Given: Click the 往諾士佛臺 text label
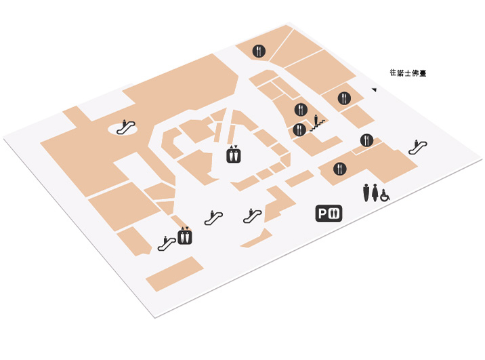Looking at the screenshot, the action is click(408, 73).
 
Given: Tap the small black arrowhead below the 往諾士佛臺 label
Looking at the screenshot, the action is click(375, 89).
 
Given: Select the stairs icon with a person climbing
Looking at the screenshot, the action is click(318, 123).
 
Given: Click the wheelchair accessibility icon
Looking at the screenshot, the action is click(385, 195).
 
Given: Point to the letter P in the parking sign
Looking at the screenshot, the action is click(322, 214).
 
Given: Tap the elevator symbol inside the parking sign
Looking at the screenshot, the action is click(334, 214).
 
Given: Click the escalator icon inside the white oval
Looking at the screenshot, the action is click(125, 127).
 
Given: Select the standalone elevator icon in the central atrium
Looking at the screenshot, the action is click(233, 154).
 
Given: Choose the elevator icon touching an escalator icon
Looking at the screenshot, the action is click(185, 236).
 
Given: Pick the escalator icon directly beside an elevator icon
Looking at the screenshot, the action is click(167, 243).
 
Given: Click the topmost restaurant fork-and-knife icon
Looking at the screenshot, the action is click(259, 51).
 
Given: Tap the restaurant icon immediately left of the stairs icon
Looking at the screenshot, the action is click(299, 129).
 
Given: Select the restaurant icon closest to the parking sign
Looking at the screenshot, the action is click(339, 169).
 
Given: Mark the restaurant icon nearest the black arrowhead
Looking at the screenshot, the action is click(344, 98).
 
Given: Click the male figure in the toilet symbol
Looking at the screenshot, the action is click(366, 193).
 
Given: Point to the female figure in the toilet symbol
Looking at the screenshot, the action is click(375, 193).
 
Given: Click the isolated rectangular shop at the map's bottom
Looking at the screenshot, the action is click(175, 274).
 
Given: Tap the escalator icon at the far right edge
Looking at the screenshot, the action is click(417, 147).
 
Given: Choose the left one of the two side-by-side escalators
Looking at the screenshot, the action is click(213, 218).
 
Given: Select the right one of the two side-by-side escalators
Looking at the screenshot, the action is click(253, 216).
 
